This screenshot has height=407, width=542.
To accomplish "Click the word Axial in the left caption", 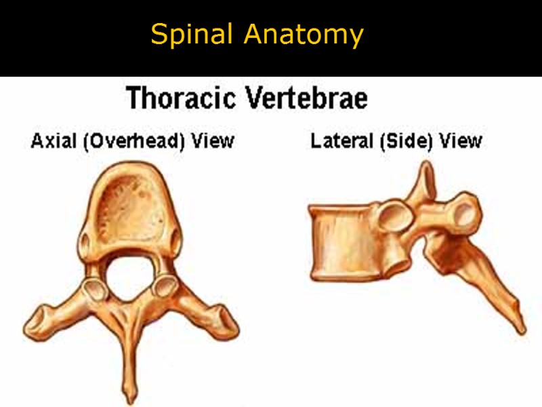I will coord(49,141).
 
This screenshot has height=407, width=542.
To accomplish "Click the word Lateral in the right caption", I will coord(337,141).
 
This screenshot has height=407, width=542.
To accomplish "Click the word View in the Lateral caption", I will coord(461,141).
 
